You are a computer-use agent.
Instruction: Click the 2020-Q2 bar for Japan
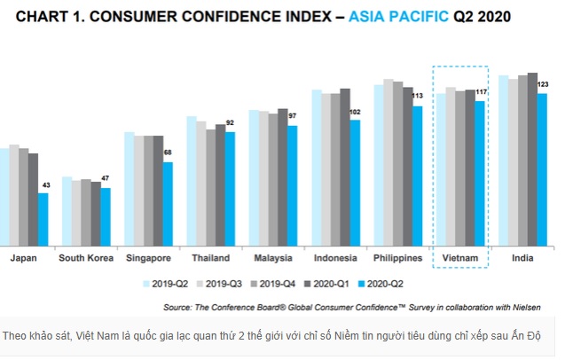click(x=43, y=219)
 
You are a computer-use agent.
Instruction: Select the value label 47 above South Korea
click(x=105, y=179)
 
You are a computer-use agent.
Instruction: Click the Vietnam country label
click(x=460, y=258)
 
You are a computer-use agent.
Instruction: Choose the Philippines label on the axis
click(x=397, y=258)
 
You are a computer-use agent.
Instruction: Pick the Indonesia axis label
click(x=335, y=258)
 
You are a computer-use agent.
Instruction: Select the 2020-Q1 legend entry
click(x=333, y=284)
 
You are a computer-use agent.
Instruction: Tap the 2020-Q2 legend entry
click(x=386, y=284)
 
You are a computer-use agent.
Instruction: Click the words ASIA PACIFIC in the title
click(x=399, y=17)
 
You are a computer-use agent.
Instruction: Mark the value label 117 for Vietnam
click(x=481, y=92)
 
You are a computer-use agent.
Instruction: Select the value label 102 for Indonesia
click(x=355, y=112)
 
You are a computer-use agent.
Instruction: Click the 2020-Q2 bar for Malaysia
click(x=293, y=185)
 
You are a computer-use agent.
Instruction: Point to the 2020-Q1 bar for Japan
click(x=33, y=200)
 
